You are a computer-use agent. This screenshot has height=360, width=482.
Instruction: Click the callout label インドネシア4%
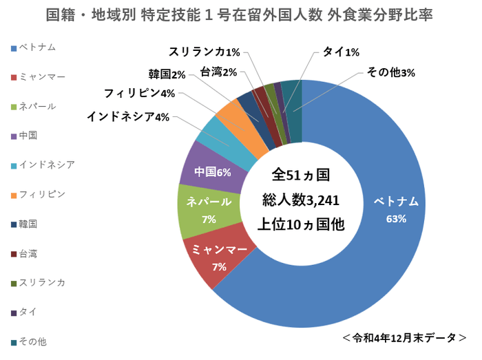coord(128,116)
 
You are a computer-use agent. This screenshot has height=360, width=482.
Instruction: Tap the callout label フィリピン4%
coord(140,94)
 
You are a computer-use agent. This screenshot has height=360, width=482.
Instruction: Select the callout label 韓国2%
coord(167,74)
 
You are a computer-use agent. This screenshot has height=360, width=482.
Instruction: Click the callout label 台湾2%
coord(219,72)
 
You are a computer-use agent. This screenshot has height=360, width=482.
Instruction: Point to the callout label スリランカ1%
coord(205,52)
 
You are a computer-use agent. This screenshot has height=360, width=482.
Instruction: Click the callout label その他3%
coord(390,72)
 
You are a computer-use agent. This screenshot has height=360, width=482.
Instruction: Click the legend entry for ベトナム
coord(37,47)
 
